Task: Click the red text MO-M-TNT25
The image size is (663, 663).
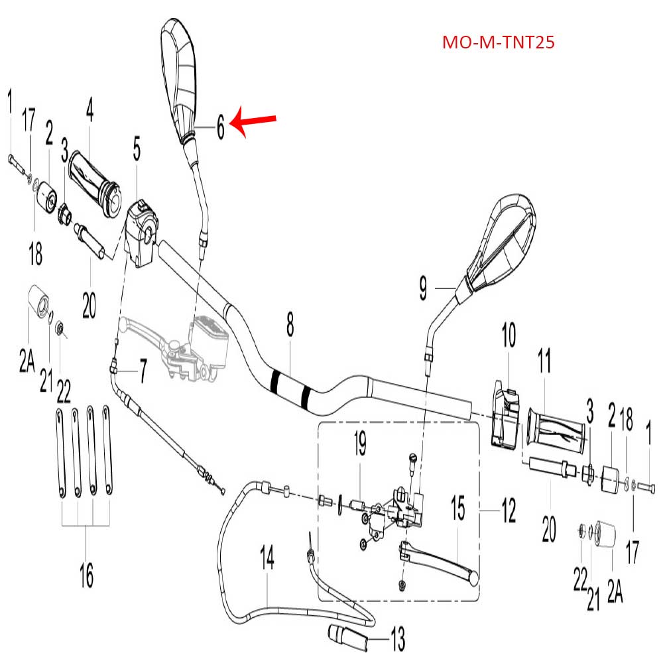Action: (498, 43)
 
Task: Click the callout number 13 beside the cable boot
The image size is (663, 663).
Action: (398, 640)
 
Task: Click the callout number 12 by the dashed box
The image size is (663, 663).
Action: (508, 511)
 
